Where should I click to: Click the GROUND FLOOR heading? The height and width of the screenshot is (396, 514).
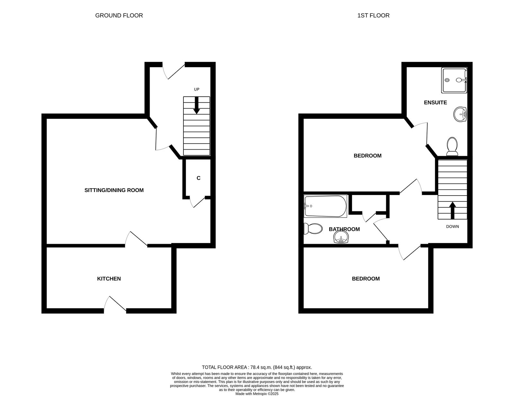click(x=119, y=15)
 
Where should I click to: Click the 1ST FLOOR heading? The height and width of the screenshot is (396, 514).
click(x=373, y=15)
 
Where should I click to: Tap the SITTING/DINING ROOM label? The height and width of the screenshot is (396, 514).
click(x=114, y=190)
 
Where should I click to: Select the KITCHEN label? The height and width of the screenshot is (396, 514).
click(x=109, y=279)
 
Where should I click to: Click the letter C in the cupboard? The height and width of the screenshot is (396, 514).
click(x=198, y=178)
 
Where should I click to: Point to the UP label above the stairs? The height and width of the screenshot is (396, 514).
click(x=197, y=89)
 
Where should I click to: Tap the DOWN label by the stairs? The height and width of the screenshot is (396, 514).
click(x=452, y=226)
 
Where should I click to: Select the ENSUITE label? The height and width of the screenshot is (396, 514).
click(x=435, y=103)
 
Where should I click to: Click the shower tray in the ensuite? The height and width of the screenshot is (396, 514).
click(x=454, y=80)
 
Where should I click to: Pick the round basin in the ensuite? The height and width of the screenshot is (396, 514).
click(x=460, y=114)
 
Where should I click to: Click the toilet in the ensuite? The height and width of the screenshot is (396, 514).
click(x=452, y=146)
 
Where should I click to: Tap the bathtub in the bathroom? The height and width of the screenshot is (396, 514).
click(x=326, y=206)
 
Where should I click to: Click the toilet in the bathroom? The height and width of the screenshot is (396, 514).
click(x=313, y=229)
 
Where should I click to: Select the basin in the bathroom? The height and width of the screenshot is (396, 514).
click(x=341, y=238)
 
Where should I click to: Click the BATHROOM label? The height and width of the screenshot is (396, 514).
click(x=344, y=229)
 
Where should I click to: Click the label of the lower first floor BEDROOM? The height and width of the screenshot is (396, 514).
click(x=366, y=279)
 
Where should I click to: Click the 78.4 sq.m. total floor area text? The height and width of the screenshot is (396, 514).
click(x=257, y=367)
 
